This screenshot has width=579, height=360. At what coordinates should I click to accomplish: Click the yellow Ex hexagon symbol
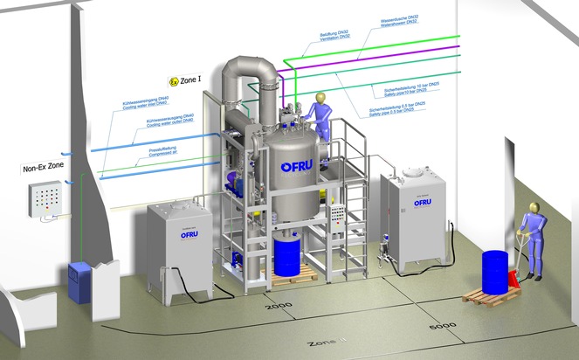coord(174,81)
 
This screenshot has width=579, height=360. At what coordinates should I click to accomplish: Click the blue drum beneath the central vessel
coord(287,255)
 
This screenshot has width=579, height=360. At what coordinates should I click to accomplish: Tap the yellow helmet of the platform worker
coord(321,96)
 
